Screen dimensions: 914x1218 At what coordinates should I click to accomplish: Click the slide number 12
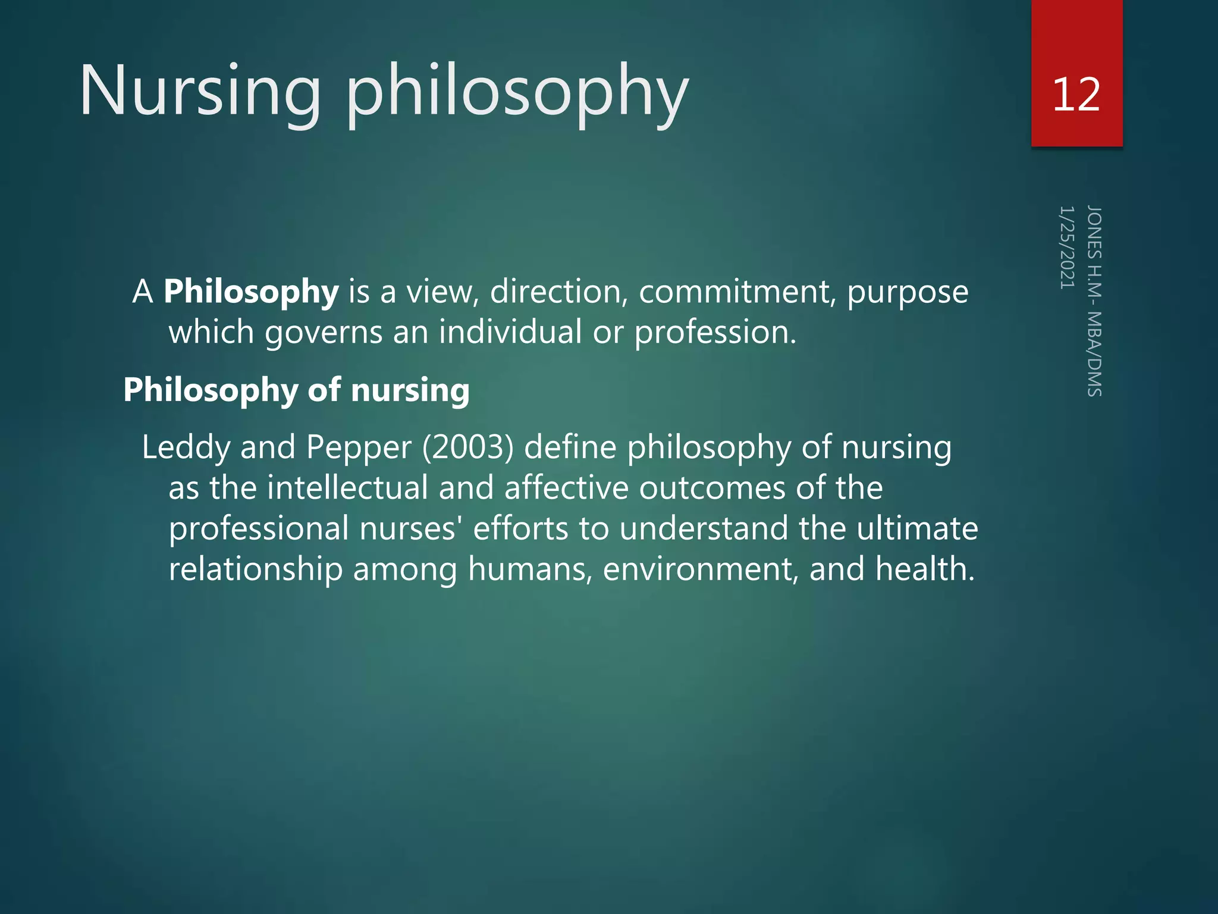coord(1076,95)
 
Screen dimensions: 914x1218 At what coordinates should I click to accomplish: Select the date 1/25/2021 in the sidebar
coord(1067,248)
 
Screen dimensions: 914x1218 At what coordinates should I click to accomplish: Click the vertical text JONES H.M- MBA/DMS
coord(1094,301)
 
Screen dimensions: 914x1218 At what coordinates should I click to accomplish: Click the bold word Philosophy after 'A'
coord(251,292)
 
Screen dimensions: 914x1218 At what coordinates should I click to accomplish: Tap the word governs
coord(324,333)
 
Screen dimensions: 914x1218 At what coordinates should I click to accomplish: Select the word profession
coord(715,333)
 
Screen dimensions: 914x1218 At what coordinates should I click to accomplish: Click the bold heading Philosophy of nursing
coord(296,391)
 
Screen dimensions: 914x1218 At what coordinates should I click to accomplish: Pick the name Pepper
coord(359,447)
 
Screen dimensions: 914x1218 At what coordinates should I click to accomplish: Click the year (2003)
coord(467,447)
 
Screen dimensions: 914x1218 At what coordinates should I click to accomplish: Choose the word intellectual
coord(347,488)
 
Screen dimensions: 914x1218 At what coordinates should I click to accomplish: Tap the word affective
coord(566,488)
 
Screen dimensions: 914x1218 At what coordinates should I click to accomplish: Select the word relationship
coord(256,569)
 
